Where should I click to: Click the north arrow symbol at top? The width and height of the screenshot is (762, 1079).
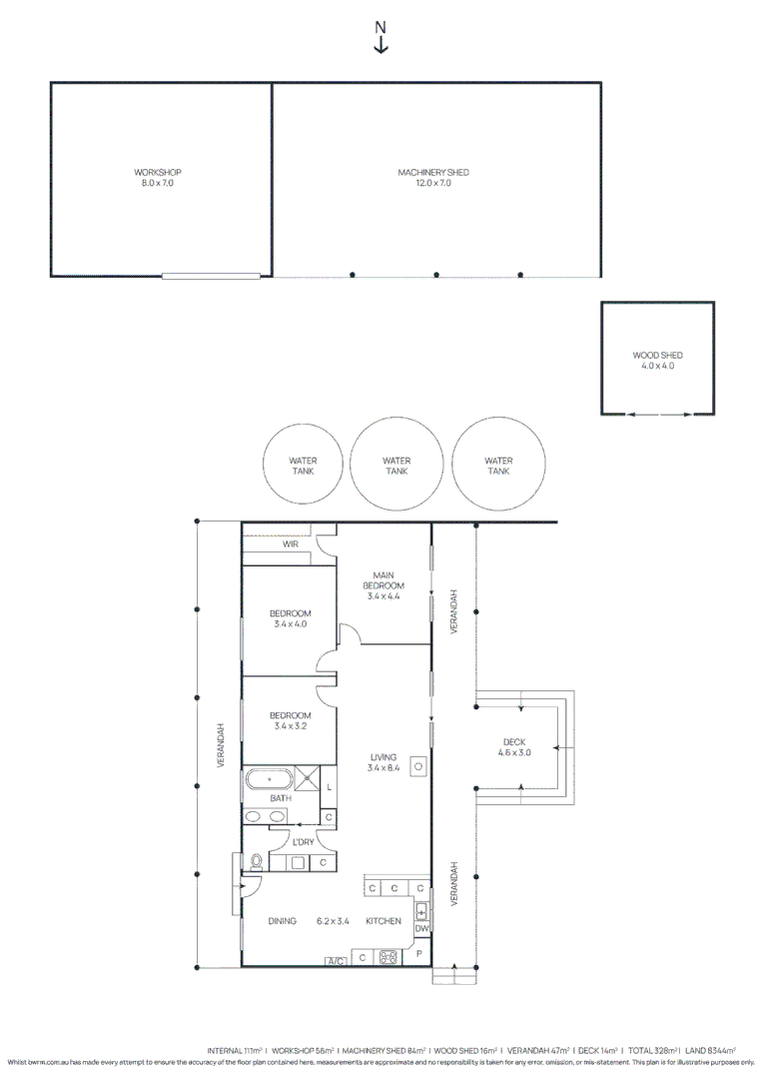[x=381, y=37]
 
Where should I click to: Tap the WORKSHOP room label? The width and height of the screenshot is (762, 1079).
[x=158, y=172]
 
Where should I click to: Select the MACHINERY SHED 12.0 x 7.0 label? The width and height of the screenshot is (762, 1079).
[x=433, y=178]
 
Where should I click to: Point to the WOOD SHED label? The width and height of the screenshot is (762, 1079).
[x=657, y=355]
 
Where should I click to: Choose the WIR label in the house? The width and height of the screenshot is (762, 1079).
[x=291, y=544]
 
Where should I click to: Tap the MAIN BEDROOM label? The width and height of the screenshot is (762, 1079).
[x=383, y=580]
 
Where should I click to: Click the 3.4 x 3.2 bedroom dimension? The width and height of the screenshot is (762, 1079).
[x=291, y=726]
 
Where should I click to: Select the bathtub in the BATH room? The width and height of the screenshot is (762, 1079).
[x=269, y=779]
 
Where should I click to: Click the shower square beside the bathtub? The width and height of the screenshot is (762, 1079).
[x=306, y=779]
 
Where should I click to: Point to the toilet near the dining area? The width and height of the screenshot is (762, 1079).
[x=256, y=861]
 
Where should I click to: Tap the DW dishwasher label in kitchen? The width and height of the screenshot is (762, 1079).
[x=421, y=928]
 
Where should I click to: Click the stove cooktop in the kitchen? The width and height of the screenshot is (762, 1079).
[x=387, y=957]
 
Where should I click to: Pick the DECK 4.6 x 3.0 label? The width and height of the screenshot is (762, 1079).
[x=514, y=747]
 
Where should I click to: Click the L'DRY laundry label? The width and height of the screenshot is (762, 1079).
[x=304, y=842]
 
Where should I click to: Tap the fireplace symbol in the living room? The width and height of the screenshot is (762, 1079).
[x=418, y=766]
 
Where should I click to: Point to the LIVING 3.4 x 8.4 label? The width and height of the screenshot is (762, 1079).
[x=383, y=762]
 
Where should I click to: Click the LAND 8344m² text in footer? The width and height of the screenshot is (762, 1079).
[x=710, y=1051]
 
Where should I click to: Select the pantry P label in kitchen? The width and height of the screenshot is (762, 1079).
[x=419, y=954]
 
